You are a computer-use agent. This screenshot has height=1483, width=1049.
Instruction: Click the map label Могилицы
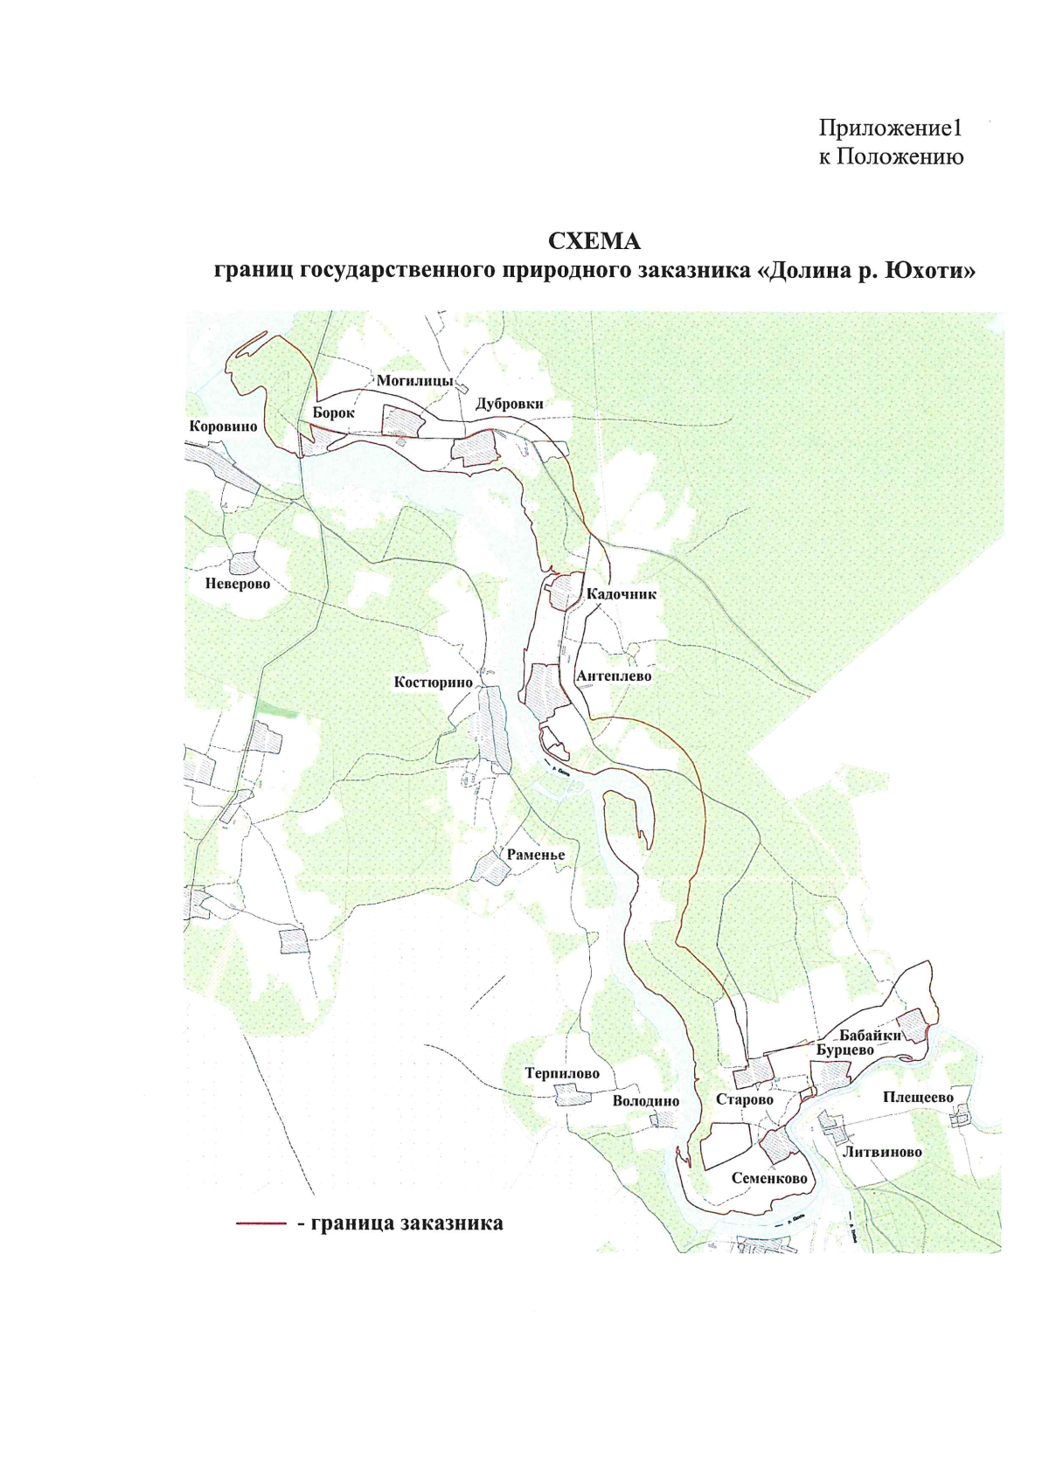pos(414,381)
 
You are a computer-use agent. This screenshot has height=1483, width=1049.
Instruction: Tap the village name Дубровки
pos(509,404)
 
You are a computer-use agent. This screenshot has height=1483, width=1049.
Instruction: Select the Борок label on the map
pos(333,412)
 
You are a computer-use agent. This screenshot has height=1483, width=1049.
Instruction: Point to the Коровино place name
pos(224,426)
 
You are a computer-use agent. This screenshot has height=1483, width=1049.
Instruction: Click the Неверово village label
pos(231,583)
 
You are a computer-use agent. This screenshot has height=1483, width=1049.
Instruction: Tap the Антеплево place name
pos(614,676)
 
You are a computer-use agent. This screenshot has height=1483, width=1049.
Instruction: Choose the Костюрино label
pos(433,682)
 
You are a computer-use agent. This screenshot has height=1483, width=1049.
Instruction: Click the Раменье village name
pos(536,855)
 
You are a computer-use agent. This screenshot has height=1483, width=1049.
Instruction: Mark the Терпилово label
pos(562,1073)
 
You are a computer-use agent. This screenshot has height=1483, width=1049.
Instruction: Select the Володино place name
pos(645,1101)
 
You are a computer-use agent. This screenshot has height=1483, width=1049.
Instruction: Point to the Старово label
pos(745,1099)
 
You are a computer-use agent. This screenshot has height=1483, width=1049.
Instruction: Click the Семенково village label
pos(769,1179)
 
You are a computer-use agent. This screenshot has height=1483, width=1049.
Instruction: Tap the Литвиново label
pos(882,1152)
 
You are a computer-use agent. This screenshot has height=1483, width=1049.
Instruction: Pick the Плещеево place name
pos(918,1098)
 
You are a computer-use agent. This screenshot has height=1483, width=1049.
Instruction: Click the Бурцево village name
pos(845,1050)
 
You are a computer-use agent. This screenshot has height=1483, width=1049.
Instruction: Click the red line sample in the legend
pos(261,1224)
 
